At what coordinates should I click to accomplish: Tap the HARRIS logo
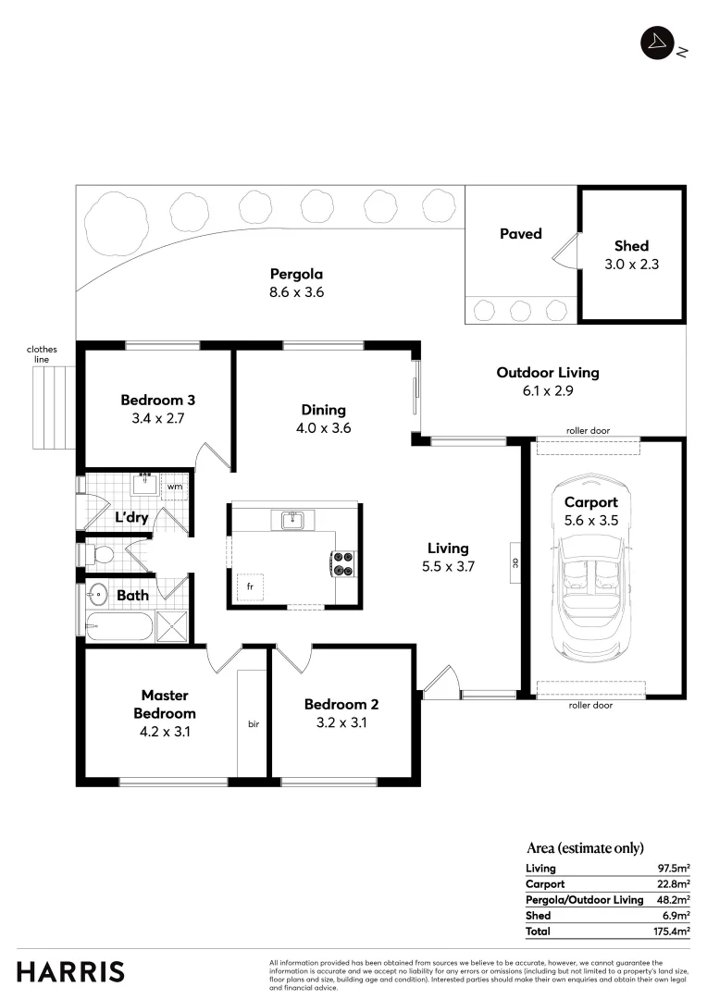click(70, 971)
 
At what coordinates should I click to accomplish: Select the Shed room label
click(631, 246)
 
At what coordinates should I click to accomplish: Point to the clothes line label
click(42, 354)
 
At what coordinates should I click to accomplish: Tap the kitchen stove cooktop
click(343, 563)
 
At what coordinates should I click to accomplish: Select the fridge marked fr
click(249, 586)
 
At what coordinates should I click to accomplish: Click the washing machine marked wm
click(174, 485)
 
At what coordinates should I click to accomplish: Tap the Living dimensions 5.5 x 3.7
click(448, 567)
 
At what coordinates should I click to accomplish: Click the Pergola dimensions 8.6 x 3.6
click(296, 292)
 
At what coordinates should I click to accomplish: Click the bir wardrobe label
click(253, 723)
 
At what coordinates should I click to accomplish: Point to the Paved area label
click(520, 234)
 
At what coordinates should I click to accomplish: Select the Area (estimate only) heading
click(584, 847)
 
